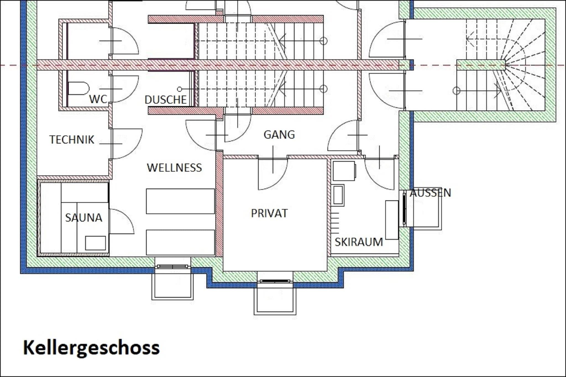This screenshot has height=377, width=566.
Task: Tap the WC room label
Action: tap(98, 99)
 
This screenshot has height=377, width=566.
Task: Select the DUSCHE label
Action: tap(166, 100)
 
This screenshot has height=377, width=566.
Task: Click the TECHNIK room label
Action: tap(72, 139)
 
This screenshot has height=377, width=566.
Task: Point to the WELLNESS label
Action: tap(174, 168)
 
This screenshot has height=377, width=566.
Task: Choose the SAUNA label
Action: tap(84, 218)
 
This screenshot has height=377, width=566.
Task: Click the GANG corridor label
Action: tap(279, 135)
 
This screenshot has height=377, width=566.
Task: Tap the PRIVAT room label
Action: tap(269, 213)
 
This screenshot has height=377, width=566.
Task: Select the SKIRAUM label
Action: tap(359, 242)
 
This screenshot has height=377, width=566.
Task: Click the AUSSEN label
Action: tap(430, 193)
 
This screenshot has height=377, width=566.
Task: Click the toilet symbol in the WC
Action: tap(78, 88)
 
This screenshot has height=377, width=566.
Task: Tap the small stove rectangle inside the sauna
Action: tap(95, 243)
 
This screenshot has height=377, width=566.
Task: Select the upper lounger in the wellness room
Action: tap(180, 201)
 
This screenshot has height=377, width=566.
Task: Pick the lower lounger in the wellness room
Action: tap(180, 242)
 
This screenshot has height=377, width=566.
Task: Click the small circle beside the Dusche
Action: tap(180, 89)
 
